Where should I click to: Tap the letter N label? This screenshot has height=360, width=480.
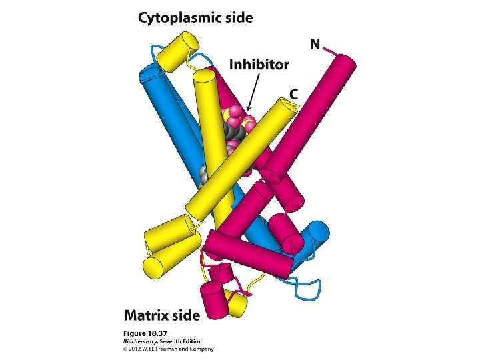click(x=315, y=45)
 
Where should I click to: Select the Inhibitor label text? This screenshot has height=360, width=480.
click(x=259, y=65)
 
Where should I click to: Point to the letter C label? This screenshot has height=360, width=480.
click(x=293, y=95)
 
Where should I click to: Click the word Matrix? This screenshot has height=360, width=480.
click(x=147, y=313)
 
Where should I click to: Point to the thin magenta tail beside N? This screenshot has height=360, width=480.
click(x=331, y=49)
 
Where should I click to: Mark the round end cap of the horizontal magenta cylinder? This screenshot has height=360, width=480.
click(x=213, y=243)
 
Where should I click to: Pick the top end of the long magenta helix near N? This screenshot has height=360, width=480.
click(x=344, y=64)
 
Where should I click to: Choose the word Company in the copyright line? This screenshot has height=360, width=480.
click(x=200, y=347)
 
